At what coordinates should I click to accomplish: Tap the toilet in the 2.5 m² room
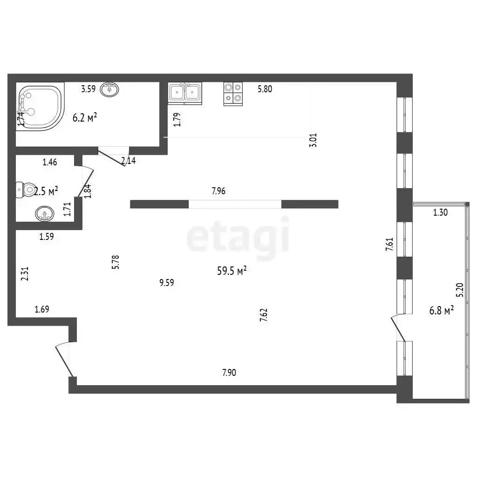(x=25, y=190)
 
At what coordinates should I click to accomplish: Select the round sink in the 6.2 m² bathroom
(x=109, y=89)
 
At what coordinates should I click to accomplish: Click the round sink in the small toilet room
(x=45, y=213)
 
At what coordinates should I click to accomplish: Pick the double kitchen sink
(x=185, y=93)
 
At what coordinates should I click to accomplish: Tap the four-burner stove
(x=233, y=94)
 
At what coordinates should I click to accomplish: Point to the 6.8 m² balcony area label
(x=442, y=311)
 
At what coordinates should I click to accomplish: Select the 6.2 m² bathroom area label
(x=85, y=117)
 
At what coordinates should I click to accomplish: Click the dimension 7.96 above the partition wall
(x=218, y=191)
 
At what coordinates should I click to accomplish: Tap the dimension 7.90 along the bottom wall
(x=229, y=372)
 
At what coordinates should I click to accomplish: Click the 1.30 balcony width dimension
(x=440, y=212)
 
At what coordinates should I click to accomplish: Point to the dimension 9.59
(x=167, y=283)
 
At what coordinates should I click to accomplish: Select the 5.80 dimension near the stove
(x=265, y=89)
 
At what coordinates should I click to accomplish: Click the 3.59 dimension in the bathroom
(x=88, y=89)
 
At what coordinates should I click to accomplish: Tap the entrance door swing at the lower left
(x=64, y=360)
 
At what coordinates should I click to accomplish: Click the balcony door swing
(x=398, y=328)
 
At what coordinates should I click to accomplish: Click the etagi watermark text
(x=238, y=235)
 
